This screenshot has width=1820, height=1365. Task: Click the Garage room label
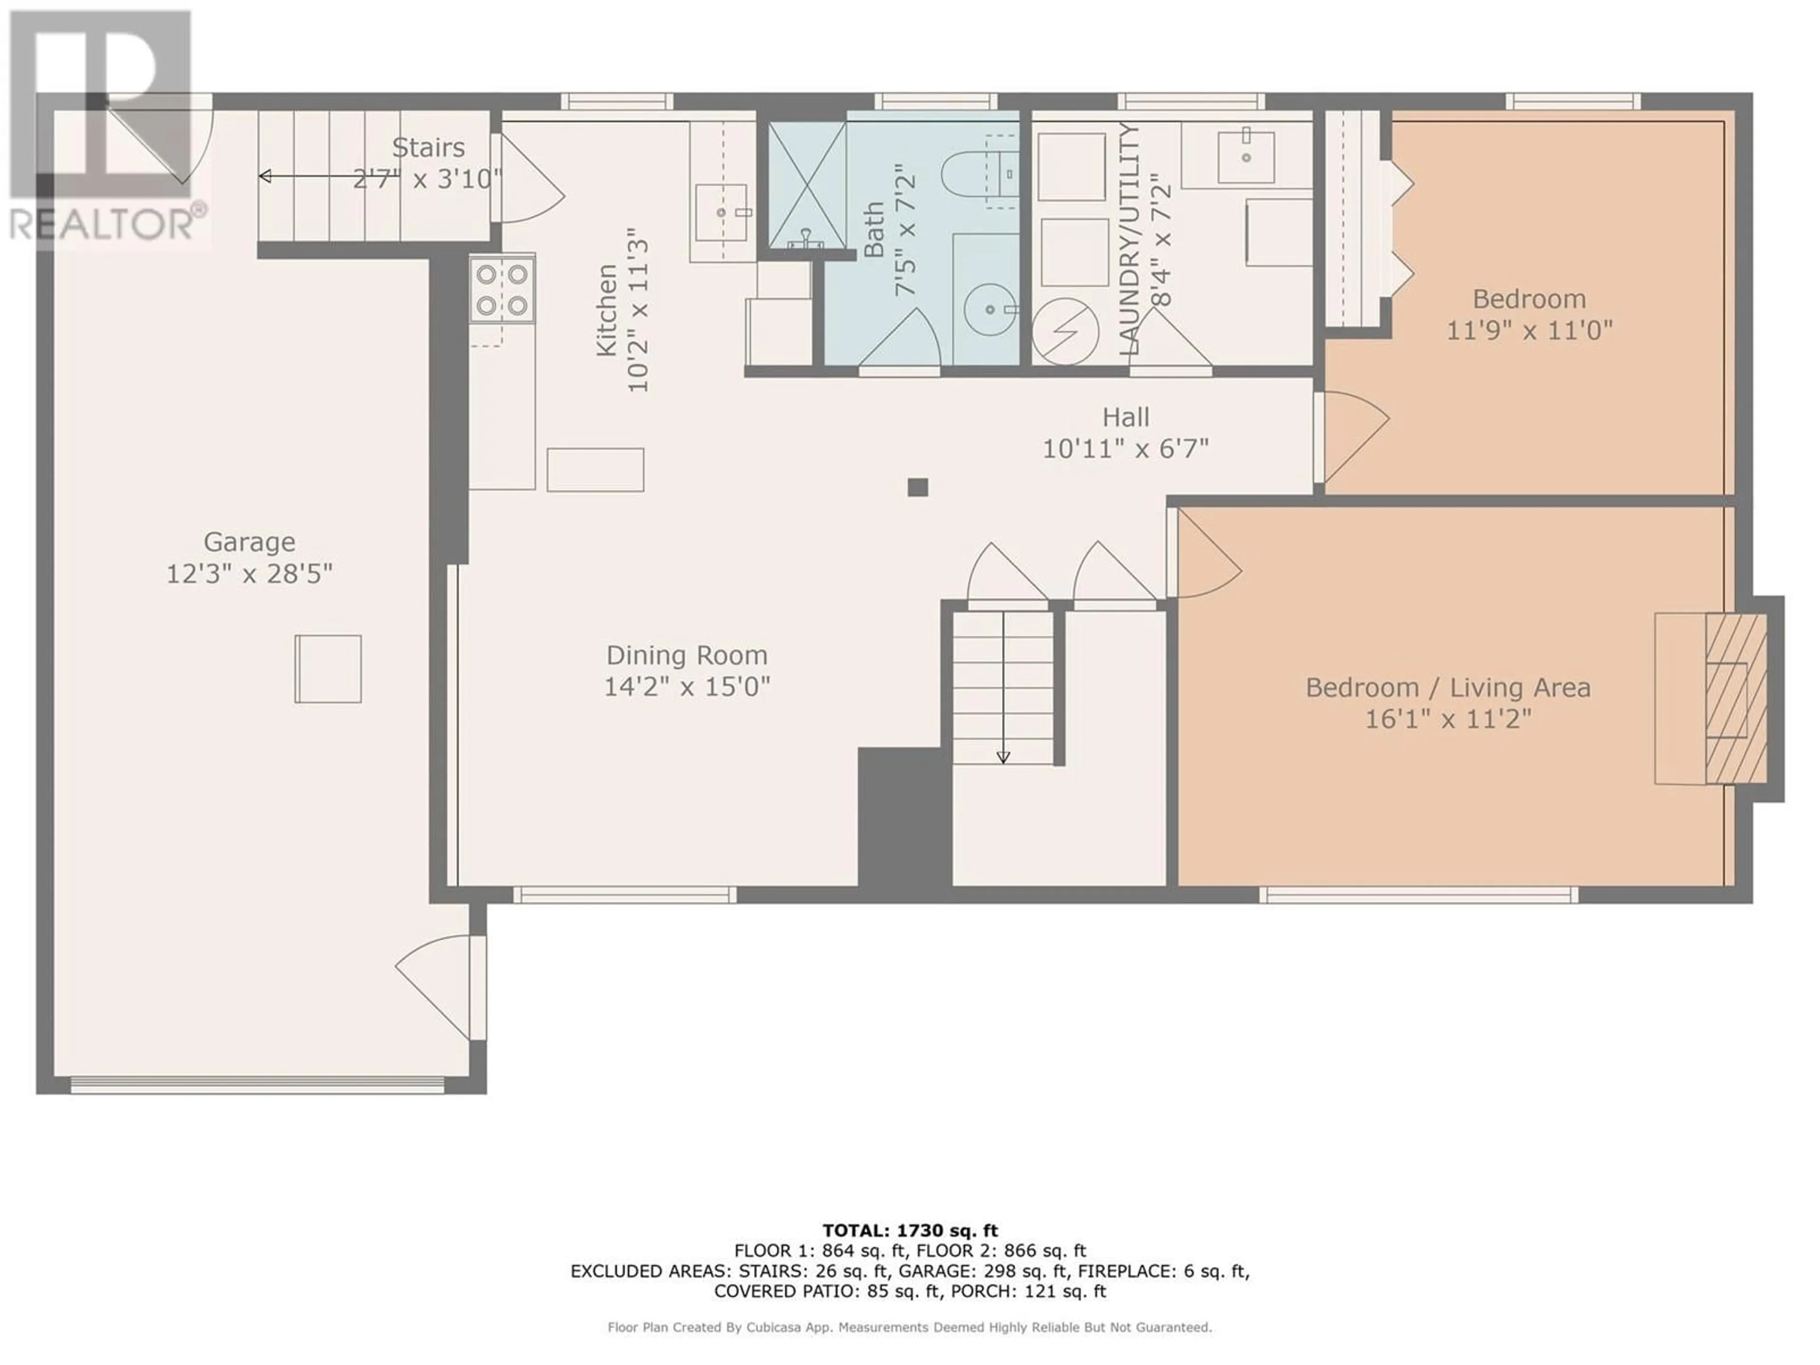249,542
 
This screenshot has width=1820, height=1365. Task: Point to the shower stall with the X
807,184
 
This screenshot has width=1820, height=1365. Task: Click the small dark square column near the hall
918,487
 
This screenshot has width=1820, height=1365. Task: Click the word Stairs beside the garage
428,148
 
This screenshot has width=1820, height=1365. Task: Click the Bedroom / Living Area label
1447,688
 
